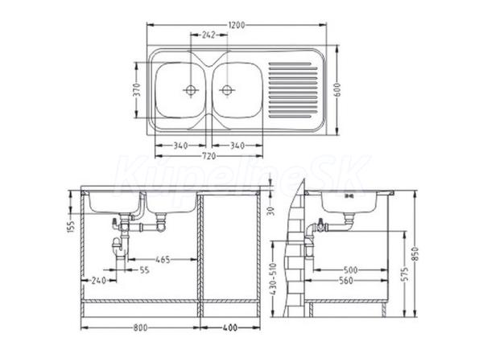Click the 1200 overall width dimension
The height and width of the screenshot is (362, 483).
point(237,25)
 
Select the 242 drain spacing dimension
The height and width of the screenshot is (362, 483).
point(208,35)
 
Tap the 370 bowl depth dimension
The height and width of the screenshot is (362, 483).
point(138,89)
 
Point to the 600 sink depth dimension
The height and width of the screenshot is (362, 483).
point(337,89)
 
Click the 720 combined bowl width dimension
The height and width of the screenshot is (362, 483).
point(208,156)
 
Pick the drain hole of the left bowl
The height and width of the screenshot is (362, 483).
point(191,90)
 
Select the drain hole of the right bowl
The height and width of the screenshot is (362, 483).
point(227,90)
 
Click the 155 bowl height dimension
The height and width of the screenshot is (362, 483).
point(71,227)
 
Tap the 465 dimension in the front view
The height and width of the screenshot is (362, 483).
point(163,260)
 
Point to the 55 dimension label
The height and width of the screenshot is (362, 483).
point(144,270)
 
